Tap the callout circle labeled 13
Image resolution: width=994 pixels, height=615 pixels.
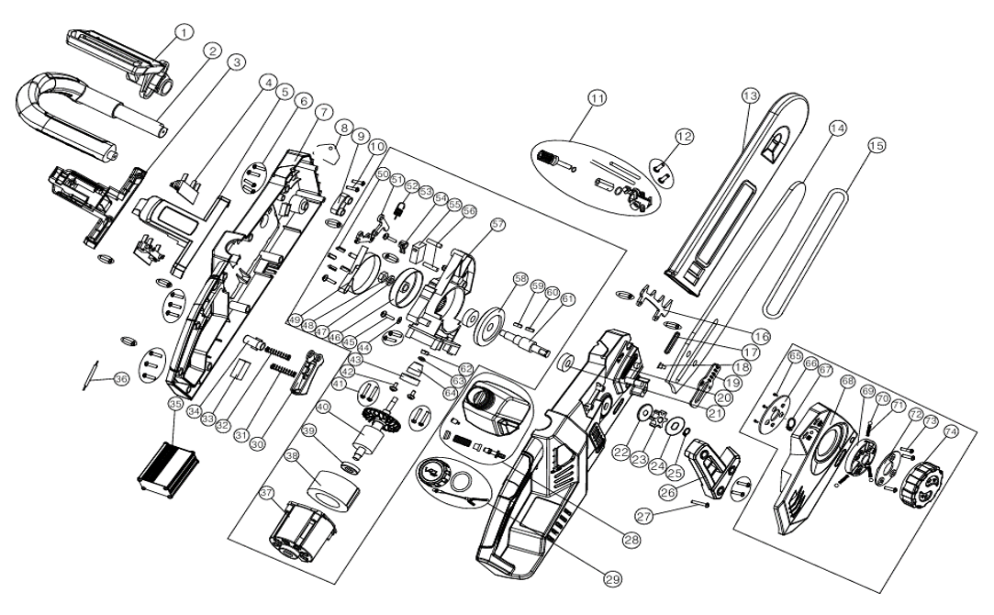pos(751,95)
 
